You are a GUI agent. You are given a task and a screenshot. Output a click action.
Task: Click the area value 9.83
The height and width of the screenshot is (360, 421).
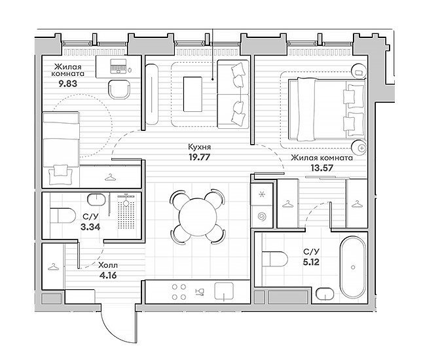[68, 84]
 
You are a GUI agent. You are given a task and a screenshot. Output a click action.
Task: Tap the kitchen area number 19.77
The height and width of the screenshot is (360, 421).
[199, 157]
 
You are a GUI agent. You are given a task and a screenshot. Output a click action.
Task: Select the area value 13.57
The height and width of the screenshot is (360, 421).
[322, 168]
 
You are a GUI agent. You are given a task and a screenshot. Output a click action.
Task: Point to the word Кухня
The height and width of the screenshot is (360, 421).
[199, 147]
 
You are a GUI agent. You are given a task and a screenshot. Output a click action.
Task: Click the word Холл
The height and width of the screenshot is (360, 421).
[108, 266]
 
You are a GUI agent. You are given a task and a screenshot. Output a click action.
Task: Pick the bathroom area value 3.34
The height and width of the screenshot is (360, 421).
[90, 227]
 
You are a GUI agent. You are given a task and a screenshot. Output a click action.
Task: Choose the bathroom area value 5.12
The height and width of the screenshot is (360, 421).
[311, 262]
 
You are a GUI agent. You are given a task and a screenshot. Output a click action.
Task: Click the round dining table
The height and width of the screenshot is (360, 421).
[198, 217]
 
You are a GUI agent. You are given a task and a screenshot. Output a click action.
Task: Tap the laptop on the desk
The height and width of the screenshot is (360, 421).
[118, 66]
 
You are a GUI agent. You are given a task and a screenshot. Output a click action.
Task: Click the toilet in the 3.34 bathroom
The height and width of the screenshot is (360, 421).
[63, 215]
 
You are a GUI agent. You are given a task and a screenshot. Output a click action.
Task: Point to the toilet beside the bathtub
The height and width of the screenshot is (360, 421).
[275, 259]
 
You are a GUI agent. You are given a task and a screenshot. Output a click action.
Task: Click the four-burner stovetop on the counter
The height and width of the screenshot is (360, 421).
[179, 292]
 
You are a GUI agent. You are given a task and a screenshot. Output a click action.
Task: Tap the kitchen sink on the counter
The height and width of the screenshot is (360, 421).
[224, 291]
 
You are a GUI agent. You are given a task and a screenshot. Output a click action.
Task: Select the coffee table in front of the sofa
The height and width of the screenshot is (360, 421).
[192, 94]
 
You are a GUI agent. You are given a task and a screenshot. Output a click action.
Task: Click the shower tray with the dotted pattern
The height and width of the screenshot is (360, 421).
[126, 212]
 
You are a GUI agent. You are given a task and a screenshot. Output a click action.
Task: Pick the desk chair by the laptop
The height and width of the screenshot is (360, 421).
[119, 90]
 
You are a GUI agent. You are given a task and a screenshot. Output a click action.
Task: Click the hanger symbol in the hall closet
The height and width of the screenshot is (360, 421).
[53, 267]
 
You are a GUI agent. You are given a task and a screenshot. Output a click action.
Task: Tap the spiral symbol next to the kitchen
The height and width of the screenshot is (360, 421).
[261, 217]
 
